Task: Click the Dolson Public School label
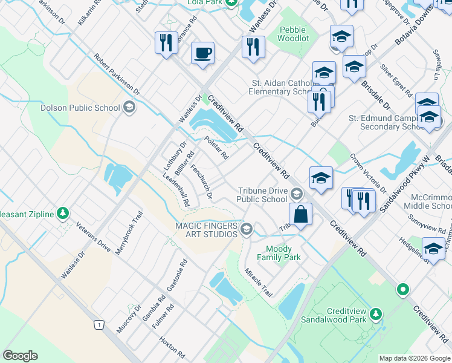tap(80, 108)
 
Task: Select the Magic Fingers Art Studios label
tap(205, 229)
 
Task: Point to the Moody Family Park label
tap(279, 253)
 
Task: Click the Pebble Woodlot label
tap(292, 34)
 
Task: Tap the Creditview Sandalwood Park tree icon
tap(376, 313)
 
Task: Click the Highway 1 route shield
tap(97, 325)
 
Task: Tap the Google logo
tap(20, 356)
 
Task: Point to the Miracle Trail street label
tap(258, 282)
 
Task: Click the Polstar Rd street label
tap(216, 147)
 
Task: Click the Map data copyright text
tap(415, 358)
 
